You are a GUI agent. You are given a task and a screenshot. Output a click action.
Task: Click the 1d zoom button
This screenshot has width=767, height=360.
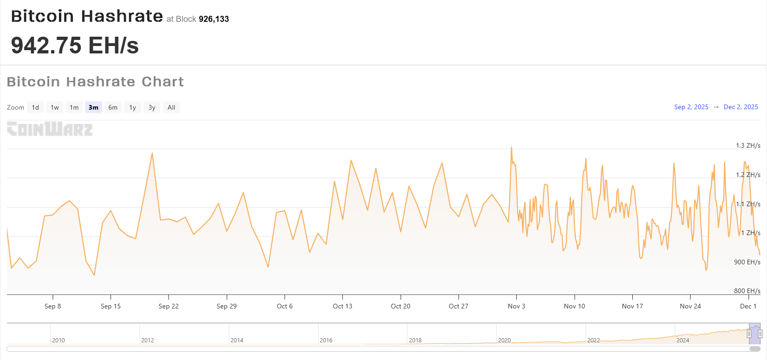35,107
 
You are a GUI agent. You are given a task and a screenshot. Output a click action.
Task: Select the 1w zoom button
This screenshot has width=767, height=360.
55,107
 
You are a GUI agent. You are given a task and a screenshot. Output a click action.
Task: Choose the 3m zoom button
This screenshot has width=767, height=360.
93,107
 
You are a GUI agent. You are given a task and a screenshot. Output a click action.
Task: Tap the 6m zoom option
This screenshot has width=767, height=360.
113,107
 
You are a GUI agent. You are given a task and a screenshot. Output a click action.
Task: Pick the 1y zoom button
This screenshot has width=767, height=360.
132,107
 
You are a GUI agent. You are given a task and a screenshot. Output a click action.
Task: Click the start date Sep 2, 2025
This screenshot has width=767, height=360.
691,107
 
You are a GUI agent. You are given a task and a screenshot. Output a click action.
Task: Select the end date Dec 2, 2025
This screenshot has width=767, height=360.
741,107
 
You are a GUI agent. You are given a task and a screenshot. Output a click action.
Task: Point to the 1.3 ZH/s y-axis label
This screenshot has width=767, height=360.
747,145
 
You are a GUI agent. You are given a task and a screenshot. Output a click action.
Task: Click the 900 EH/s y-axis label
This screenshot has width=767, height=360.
747,262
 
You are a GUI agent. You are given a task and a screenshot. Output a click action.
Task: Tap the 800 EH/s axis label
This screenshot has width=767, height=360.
747,291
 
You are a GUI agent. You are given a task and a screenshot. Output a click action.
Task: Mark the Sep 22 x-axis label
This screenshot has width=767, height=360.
169,306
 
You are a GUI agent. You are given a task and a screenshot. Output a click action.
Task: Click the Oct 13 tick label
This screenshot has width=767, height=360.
343,306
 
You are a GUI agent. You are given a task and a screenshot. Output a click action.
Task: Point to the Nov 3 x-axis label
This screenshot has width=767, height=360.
516,306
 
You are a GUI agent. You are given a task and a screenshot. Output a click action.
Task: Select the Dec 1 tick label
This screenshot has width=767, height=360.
748,306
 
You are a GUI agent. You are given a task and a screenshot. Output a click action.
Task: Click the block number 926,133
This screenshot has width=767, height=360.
214,19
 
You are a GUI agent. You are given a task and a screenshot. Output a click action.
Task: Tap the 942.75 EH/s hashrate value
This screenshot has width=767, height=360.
75,46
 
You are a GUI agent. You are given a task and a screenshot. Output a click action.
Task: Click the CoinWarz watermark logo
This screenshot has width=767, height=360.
50,129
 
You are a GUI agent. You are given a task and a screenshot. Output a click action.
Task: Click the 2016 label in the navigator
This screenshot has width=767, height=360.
326,340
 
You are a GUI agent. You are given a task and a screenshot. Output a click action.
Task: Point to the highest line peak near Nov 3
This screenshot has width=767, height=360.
511,148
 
